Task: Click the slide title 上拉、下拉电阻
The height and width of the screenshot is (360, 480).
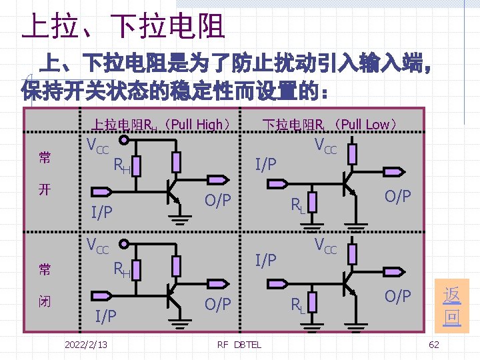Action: (123, 27)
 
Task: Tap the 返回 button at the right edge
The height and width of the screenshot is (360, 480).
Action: (451, 305)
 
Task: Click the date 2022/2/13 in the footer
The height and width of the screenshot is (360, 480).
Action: (86, 344)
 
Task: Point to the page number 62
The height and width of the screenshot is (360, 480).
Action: (434, 344)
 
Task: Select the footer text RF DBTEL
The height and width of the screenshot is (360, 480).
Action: (239, 344)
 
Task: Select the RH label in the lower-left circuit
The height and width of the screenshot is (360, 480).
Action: (121, 269)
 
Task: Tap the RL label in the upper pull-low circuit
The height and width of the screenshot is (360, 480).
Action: (297, 206)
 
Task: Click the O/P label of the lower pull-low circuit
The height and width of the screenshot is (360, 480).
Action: (397, 296)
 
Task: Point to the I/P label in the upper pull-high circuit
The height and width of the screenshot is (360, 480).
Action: (101, 212)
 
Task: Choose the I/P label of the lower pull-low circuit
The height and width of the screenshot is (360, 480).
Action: (266, 259)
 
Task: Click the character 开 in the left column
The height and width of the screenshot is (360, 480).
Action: (44, 189)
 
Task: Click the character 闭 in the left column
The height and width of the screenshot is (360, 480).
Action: (44, 301)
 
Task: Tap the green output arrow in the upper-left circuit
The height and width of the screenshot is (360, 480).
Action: (217, 180)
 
